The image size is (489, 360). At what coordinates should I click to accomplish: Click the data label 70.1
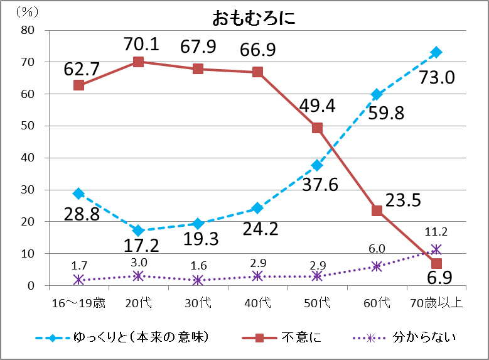[141, 44]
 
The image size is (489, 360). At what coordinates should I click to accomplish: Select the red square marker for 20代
[138, 62]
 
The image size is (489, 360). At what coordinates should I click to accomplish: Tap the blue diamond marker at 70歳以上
[436, 52]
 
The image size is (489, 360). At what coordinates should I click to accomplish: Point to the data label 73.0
[437, 78]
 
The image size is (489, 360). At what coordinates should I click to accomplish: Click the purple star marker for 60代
[377, 266]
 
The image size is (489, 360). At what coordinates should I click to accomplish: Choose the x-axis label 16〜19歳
[78, 303]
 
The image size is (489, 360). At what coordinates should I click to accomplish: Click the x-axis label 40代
[257, 303]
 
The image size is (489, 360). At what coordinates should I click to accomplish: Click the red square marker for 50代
[317, 128]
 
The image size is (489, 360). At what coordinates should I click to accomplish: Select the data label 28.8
[82, 214]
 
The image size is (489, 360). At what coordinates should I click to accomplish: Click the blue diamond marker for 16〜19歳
[78, 194]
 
